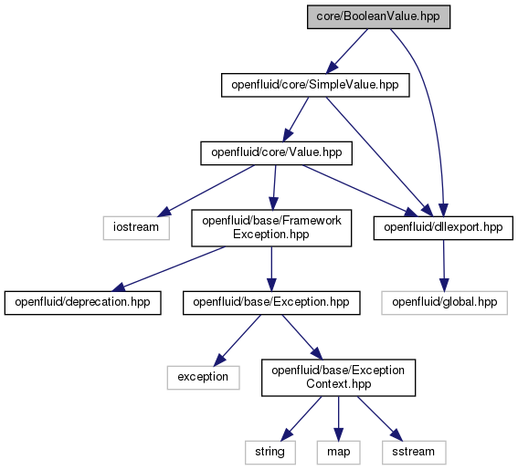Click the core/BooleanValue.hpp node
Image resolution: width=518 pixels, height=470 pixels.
click(378, 16)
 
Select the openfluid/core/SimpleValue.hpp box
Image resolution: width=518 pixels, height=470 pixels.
click(315, 85)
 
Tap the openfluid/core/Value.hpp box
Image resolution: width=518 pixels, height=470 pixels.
click(276, 153)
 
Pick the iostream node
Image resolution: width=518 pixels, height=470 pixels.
click(136, 228)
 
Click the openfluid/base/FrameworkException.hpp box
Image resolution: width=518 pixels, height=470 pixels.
click(271, 228)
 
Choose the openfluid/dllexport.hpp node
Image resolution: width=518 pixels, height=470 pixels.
click(443, 228)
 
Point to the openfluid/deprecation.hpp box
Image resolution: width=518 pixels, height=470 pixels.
click(82, 303)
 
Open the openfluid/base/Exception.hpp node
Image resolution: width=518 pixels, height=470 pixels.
click(271, 303)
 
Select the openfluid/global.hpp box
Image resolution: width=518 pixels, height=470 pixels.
click(444, 303)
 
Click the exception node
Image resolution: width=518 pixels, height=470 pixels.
click(203, 378)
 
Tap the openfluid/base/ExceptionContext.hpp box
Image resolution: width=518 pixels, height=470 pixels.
click(338, 378)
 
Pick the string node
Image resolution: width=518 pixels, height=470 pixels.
click(270, 452)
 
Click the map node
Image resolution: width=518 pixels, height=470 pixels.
click(338, 452)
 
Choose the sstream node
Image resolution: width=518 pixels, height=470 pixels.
click(414, 452)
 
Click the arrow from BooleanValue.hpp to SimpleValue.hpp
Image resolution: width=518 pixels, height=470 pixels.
click(346, 51)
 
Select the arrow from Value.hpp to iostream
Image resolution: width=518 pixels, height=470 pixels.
click(206, 191)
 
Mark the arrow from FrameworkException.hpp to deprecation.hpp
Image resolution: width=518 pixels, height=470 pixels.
click(168, 269)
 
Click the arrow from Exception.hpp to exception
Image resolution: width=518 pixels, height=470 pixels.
click(238, 340)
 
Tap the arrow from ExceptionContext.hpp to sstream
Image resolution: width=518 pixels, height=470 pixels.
click(380, 419)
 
